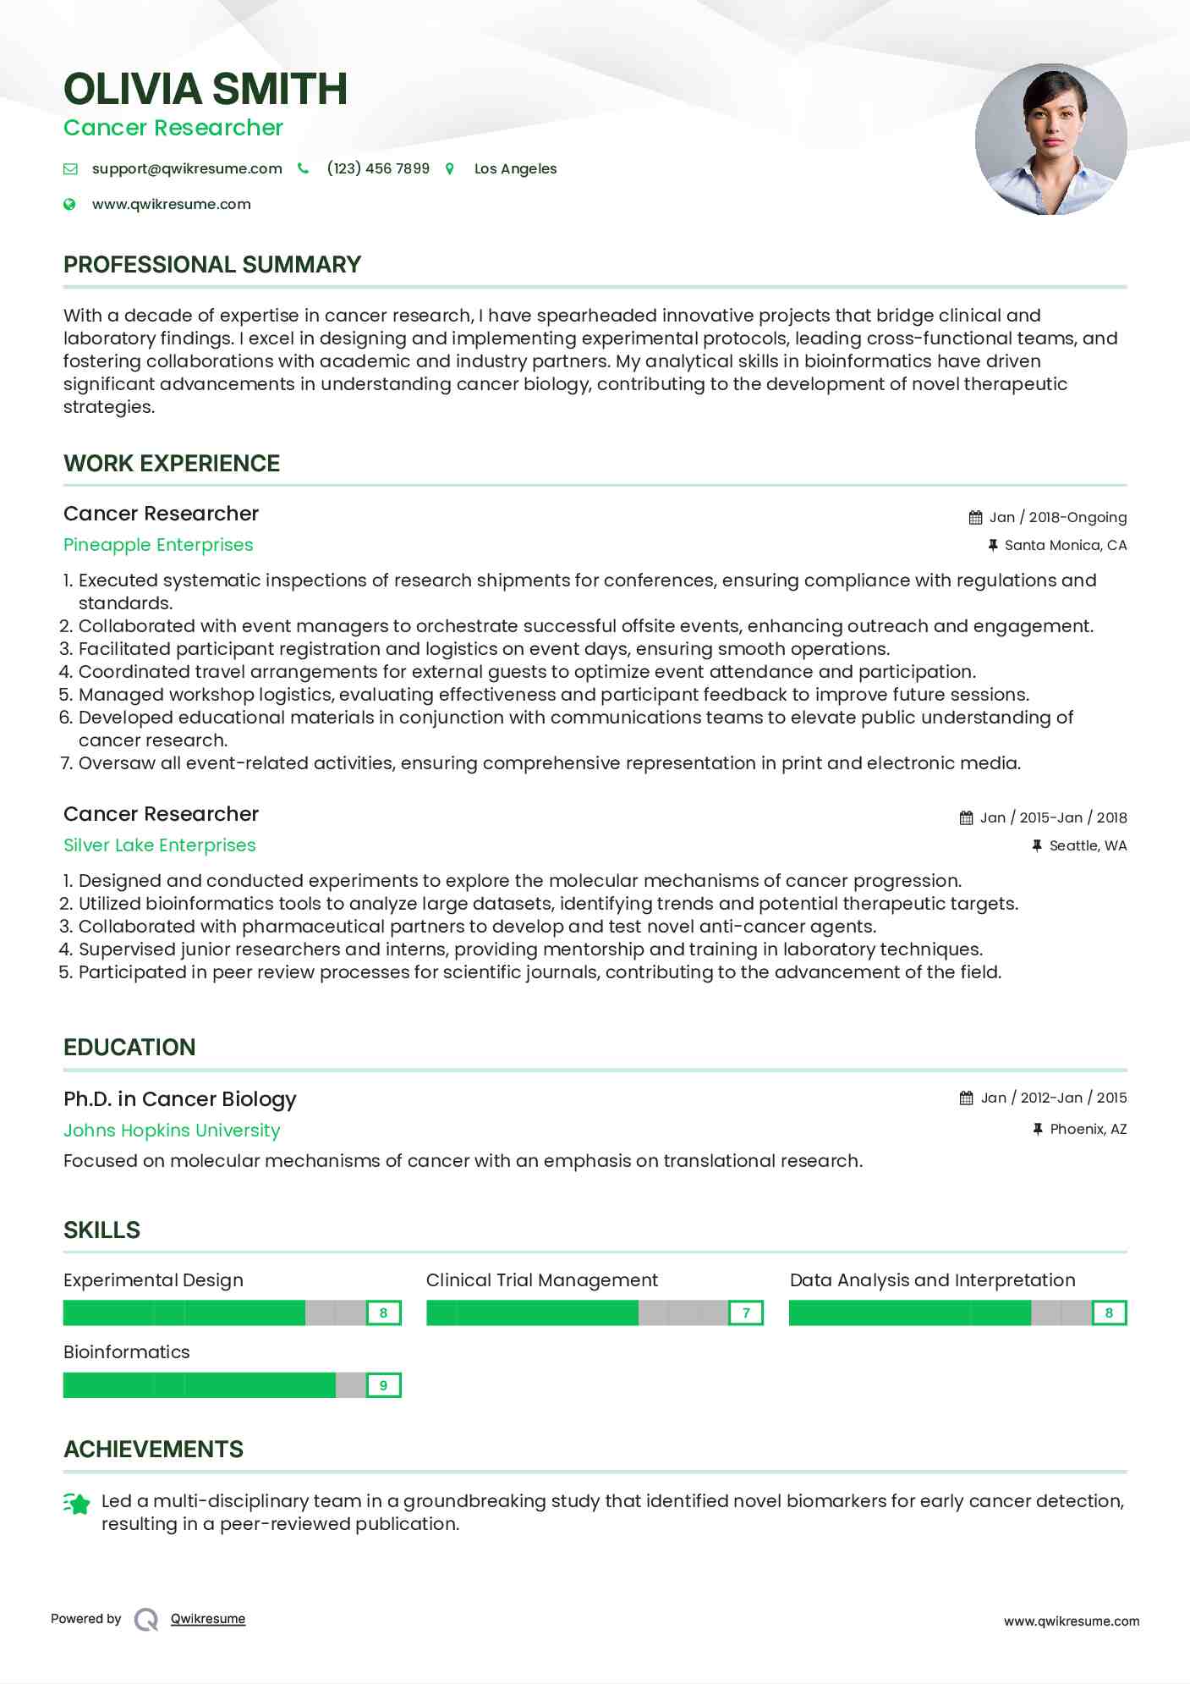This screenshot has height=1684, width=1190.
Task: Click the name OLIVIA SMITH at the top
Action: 206,89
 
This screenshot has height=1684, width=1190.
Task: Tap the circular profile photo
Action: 1050,139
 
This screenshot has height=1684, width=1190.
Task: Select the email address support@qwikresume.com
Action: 187,168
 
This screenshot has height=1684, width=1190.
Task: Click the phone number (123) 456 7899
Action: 378,168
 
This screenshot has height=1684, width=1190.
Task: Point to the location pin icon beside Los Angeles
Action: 450,169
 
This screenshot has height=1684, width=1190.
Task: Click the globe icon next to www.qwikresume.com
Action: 70,204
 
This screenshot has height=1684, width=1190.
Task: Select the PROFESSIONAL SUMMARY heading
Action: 212,265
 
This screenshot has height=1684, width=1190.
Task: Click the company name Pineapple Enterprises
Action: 158,545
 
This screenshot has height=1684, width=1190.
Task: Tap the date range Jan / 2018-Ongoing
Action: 1057,517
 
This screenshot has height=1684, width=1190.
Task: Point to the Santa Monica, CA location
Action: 1065,545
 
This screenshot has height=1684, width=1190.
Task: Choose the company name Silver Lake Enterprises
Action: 159,845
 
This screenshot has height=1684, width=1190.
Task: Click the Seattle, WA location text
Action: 1088,845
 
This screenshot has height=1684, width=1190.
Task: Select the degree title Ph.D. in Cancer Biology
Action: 179,1098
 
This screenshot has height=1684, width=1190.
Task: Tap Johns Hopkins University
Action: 172,1131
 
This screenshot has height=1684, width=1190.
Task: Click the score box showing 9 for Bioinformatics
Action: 383,1385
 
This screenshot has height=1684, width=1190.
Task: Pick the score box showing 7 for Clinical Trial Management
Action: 746,1313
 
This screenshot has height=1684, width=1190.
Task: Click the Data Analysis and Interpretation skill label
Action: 932,1280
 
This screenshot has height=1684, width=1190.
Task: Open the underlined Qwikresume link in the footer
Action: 208,1619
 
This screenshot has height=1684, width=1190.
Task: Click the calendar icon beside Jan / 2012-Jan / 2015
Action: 966,1098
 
